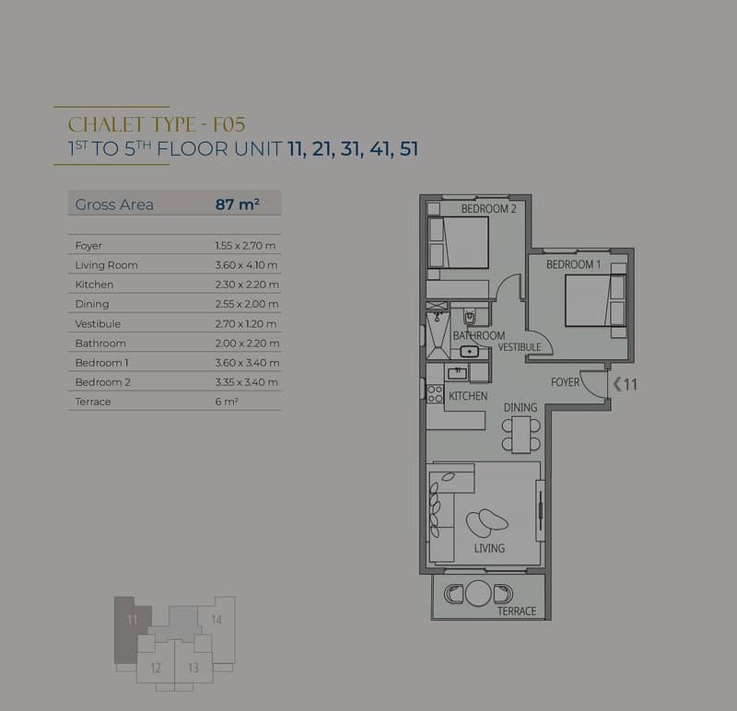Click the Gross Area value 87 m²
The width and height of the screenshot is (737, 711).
click(238, 204)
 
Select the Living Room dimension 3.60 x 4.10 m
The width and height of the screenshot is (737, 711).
click(246, 265)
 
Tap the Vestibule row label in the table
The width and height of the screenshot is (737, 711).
click(98, 324)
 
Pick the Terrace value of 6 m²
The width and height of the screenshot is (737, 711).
click(227, 402)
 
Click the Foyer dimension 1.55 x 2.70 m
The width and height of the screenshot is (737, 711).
click(245, 245)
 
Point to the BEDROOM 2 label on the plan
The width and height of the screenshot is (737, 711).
click(489, 209)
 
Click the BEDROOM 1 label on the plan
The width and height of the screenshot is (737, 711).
click(573, 264)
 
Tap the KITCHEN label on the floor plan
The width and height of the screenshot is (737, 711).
click(468, 396)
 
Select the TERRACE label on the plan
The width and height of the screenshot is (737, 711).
click(517, 611)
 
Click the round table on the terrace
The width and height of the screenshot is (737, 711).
click(478, 593)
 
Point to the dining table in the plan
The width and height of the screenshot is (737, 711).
click(521, 435)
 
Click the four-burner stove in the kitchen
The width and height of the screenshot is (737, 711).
click(435, 394)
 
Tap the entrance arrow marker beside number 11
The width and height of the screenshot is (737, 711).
click(617, 384)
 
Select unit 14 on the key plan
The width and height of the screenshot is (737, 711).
click(216, 621)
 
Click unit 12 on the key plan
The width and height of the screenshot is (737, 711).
click(156, 668)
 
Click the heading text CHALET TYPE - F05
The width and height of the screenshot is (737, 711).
click(157, 125)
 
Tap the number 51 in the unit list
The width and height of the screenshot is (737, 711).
click(408, 149)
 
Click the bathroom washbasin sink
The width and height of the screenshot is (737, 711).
click(469, 352)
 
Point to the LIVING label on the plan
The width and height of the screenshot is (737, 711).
click(489, 548)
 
